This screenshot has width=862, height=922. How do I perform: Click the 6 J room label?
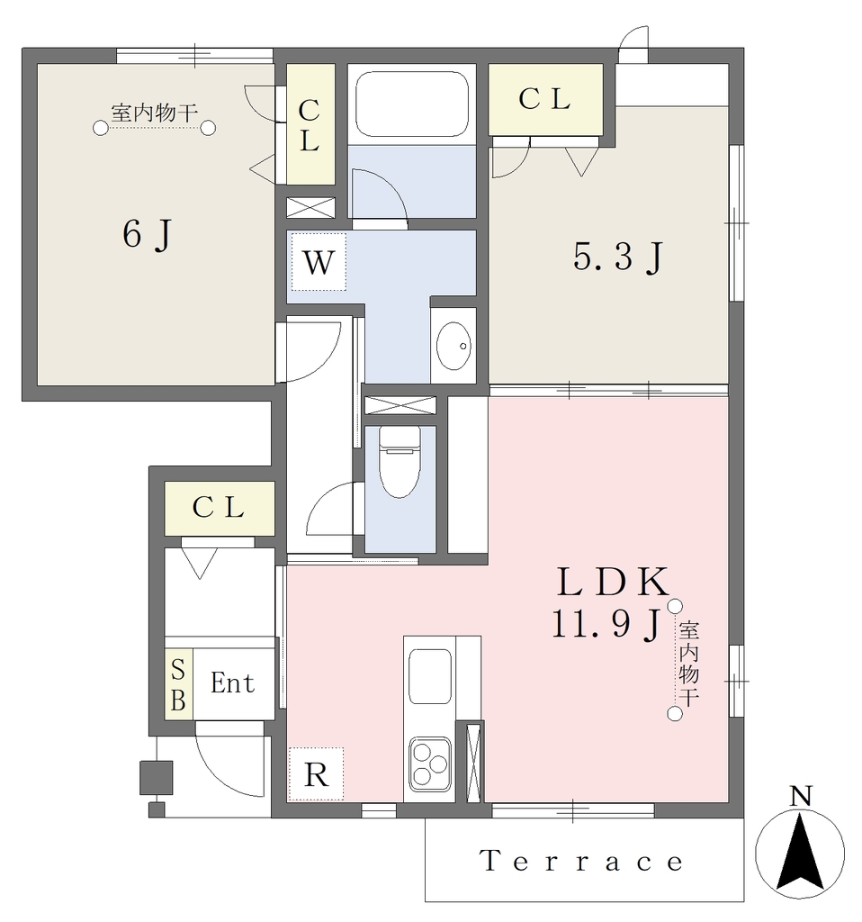pyautogui.click(x=148, y=234)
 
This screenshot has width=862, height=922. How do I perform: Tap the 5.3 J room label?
pyautogui.click(x=618, y=257)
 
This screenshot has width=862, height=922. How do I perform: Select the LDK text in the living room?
pyautogui.click(x=613, y=582)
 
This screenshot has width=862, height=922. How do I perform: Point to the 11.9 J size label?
pyautogui.click(x=606, y=623)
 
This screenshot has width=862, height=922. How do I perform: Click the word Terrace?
pyautogui.click(x=582, y=861)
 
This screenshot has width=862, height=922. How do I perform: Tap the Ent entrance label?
pyautogui.click(x=233, y=682)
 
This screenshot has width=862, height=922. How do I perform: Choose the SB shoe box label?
pyautogui.click(x=178, y=684)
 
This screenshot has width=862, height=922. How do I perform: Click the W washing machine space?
pyautogui.click(x=319, y=262)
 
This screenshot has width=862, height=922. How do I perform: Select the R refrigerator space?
pyautogui.click(x=316, y=774)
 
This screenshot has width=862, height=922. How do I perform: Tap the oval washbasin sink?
pyautogui.click(x=453, y=346)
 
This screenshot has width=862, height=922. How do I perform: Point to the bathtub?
pyautogui.click(x=412, y=104)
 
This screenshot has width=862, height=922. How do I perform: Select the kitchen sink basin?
pyautogui.click(x=430, y=676)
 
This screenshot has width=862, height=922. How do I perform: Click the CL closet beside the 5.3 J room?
pyautogui.click(x=546, y=99)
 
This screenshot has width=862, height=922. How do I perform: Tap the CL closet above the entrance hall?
pyautogui.click(x=220, y=508)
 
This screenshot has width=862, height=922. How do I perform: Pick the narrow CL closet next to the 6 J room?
pyautogui.click(x=310, y=124)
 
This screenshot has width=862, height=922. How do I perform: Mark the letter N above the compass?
pyautogui.click(x=800, y=797)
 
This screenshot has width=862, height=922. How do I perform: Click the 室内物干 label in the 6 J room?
pyautogui.click(x=155, y=113)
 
